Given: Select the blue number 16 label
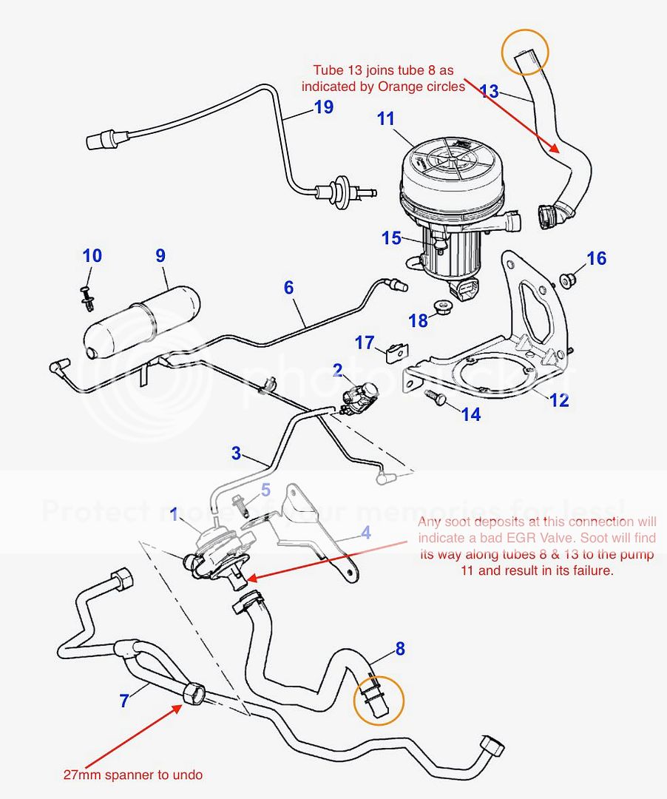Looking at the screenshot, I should (x=596, y=258).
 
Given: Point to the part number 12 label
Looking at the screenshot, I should (x=559, y=400).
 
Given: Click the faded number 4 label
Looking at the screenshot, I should (x=365, y=532).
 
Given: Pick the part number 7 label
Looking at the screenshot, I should (x=124, y=700).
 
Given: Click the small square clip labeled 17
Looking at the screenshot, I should (x=397, y=351).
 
